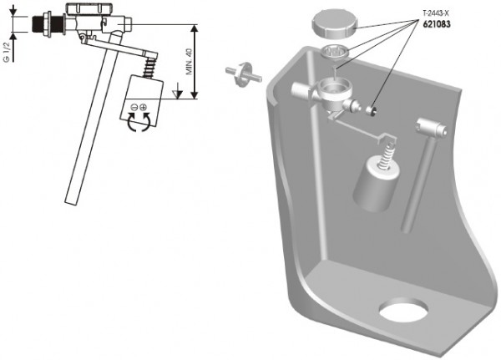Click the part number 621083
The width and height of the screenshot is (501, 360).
click(437, 24)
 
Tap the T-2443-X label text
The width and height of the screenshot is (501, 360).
click(436, 13)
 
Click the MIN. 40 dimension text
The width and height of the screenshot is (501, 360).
click(190, 62)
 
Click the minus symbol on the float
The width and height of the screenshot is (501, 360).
click(134, 107)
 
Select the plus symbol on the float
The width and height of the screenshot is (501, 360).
click(143, 107)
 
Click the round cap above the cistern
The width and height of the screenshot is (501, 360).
click(335, 23)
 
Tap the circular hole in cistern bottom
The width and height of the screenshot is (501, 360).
click(403, 310)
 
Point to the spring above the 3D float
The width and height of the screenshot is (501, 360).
click(387, 155)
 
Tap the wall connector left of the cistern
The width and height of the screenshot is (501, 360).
click(243, 74)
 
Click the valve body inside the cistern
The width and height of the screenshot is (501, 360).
click(329, 94)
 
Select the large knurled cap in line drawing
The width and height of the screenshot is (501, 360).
click(90, 8)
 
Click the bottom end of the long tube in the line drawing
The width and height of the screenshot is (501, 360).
click(71, 203)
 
